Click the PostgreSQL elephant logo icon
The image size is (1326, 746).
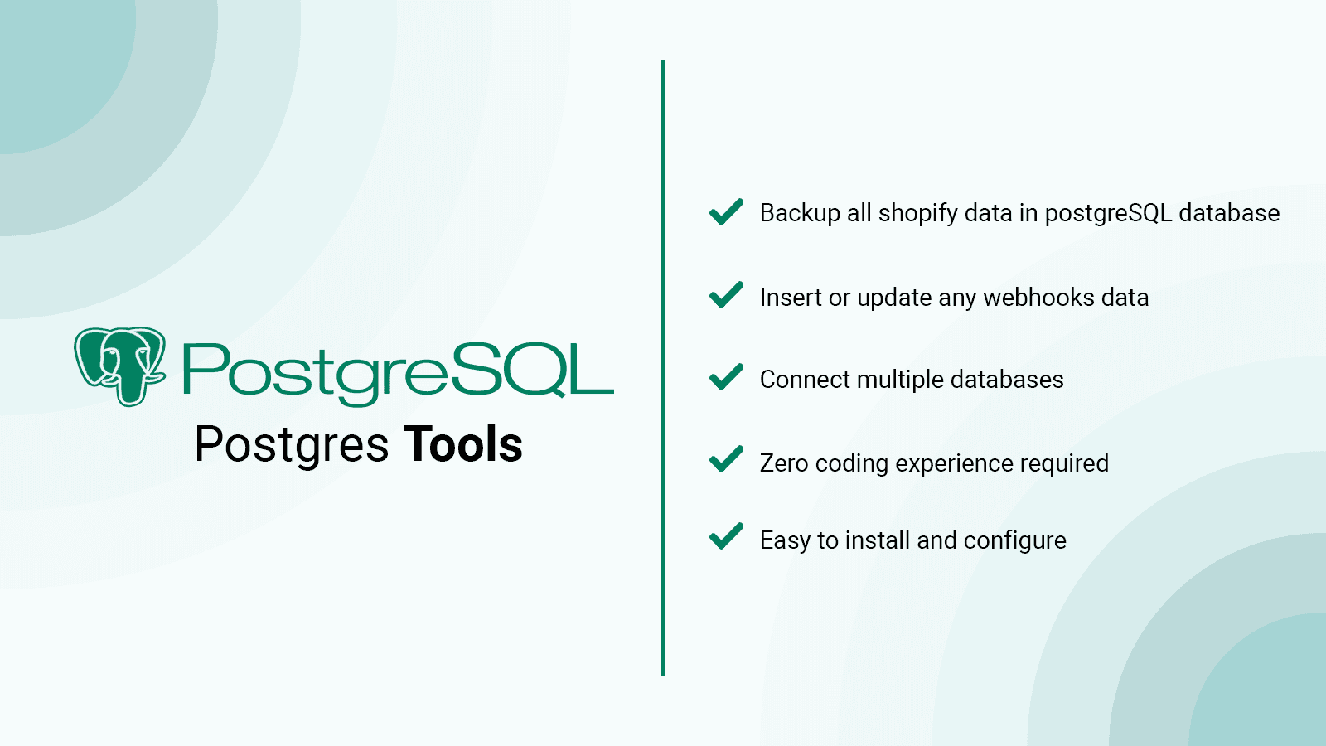pyautogui.click(x=119, y=366)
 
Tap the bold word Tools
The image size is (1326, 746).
pyautogui.click(x=463, y=444)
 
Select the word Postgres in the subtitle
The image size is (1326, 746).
pyautogui.click(x=291, y=446)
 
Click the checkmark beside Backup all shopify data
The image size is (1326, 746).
pyautogui.click(x=726, y=212)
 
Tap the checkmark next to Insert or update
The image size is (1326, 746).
pyautogui.click(x=726, y=295)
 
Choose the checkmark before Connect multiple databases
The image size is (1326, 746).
pyautogui.click(x=726, y=377)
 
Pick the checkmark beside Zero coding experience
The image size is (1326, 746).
pyautogui.click(x=726, y=459)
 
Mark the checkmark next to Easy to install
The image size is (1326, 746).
pyautogui.click(x=726, y=536)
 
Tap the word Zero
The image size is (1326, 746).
pyautogui.click(x=784, y=463)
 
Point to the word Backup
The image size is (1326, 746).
pyautogui.click(x=800, y=214)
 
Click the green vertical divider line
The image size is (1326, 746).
pyautogui.click(x=663, y=367)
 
